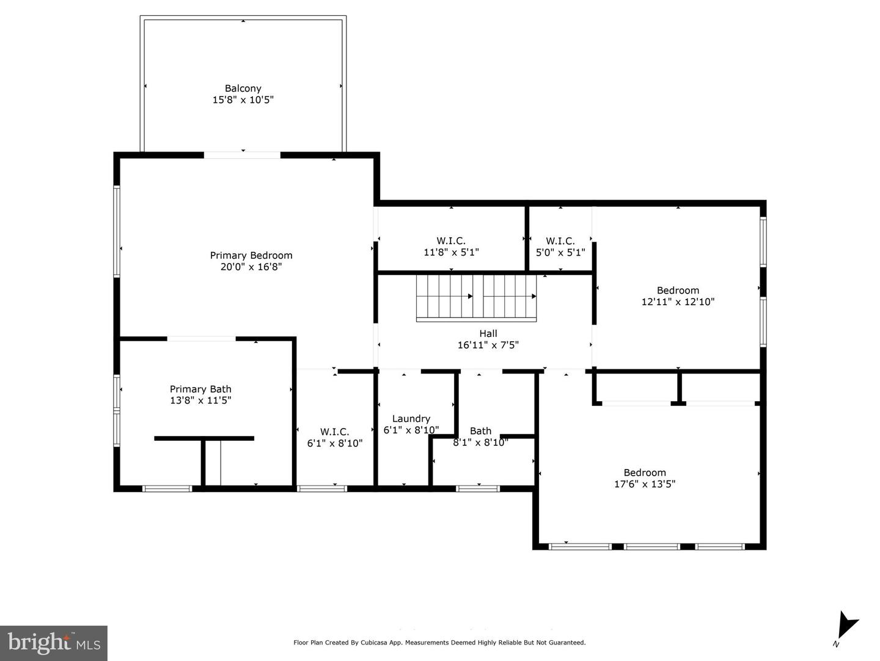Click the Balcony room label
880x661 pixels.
pyautogui.click(x=243, y=89)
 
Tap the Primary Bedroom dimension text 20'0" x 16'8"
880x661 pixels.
pyautogui.click(x=251, y=267)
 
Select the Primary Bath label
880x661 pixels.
pyautogui.click(x=200, y=390)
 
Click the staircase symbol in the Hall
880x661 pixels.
pyautogui.click(x=476, y=297)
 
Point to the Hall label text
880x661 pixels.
pyautogui.click(x=488, y=334)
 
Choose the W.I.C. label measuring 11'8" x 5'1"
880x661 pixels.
pyautogui.click(x=451, y=241)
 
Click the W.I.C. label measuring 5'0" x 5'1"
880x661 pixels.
pyautogui.click(x=560, y=241)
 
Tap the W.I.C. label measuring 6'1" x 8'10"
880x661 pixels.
pyautogui.click(x=334, y=432)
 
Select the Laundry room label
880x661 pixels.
pyautogui.click(x=411, y=419)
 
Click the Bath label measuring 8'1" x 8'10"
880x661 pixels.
pyautogui.click(x=480, y=431)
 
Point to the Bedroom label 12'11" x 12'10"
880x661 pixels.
pyautogui.click(x=678, y=290)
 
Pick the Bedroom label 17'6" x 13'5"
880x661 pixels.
pyautogui.click(x=645, y=473)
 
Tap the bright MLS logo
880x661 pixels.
pyautogui.click(x=54, y=643)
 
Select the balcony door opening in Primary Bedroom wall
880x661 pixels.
pyautogui.click(x=242, y=155)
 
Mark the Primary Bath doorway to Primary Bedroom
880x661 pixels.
pyautogui.click(x=201, y=338)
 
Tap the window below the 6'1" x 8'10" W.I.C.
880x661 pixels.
pyautogui.click(x=322, y=488)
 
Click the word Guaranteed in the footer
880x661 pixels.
pyautogui.click(x=568, y=643)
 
